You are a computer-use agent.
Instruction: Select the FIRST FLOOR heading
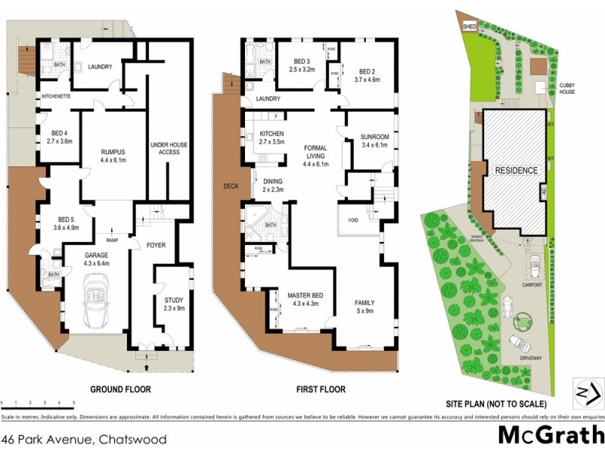tap(319, 390)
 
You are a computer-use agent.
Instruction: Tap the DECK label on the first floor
tap(231, 186)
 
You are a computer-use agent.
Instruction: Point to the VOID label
tap(352, 221)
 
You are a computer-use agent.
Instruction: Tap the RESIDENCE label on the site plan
tap(517, 170)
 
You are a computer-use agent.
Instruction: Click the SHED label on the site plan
tap(469, 26)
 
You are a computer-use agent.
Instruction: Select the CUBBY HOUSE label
tap(566, 89)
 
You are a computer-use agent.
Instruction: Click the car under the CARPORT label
tap(534, 266)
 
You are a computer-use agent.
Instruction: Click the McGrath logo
tap(550, 436)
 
